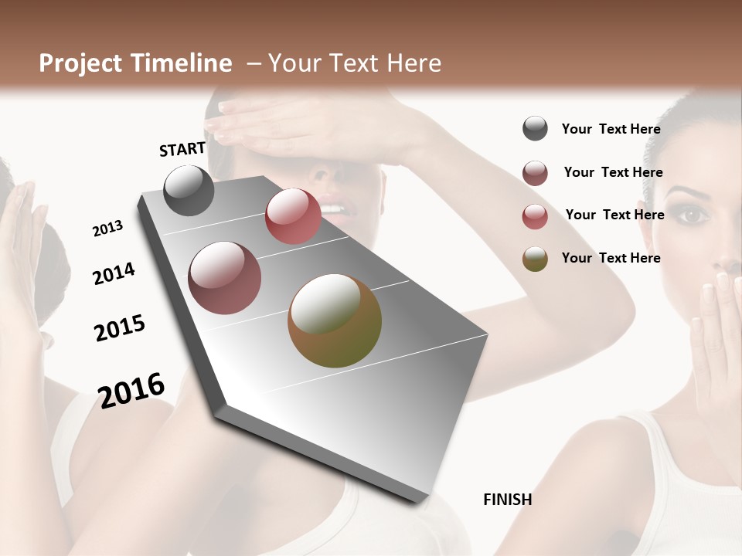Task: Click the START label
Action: click(x=182, y=149)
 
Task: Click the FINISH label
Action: click(x=507, y=500)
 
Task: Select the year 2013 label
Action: click(x=108, y=229)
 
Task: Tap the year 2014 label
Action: click(x=114, y=273)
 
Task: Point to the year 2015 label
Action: click(x=120, y=328)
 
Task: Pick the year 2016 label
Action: click(x=131, y=390)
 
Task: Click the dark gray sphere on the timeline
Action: click(x=189, y=190)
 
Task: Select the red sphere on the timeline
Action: click(x=293, y=216)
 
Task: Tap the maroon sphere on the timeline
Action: click(x=225, y=278)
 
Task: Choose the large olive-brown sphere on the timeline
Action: click(x=335, y=320)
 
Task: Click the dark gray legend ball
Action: click(x=535, y=129)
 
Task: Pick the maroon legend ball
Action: click(x=535, y=173)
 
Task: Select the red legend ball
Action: click(x=535, y=216)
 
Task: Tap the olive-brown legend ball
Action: click(x=535, y=259)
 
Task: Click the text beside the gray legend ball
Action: click(x=611, y=129)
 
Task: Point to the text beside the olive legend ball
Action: click(x=611, y=258)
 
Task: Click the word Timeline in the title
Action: click(x=182, y=63)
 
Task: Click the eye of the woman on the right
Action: click(x=692, y=215)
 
